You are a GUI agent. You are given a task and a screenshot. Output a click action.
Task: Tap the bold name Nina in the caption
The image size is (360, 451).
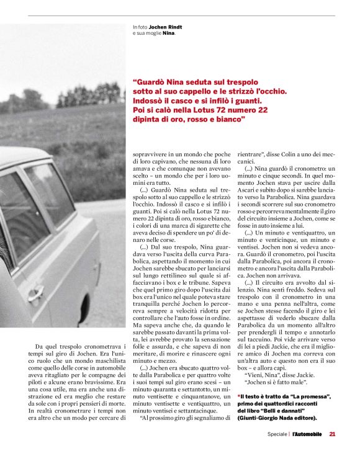[168, 33]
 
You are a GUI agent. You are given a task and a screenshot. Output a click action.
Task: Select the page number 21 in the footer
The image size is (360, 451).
[332, 434]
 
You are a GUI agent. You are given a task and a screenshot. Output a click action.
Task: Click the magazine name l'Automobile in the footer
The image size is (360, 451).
[307, 434]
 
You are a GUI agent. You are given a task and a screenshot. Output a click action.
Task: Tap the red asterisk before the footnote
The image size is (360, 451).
[239, 396]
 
